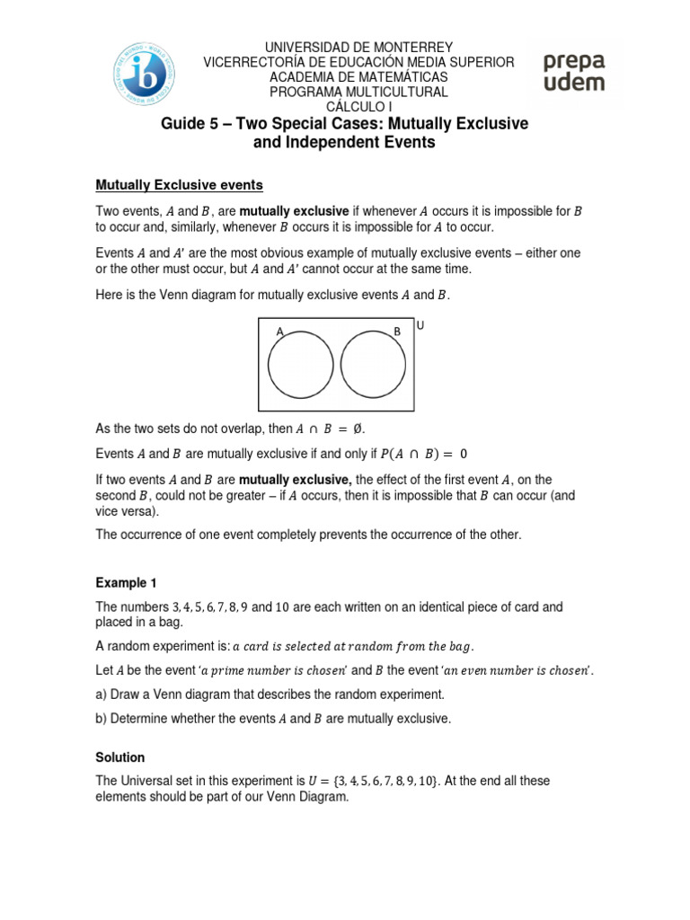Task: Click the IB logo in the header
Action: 145,70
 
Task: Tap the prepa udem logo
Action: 573,72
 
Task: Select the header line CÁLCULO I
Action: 359,107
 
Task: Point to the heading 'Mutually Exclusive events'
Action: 179,185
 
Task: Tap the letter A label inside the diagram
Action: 280,332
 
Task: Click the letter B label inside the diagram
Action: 396,332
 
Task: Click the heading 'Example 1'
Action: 127,583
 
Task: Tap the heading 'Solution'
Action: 120,757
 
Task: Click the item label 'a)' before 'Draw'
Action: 102,695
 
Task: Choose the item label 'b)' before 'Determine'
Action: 102,719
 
